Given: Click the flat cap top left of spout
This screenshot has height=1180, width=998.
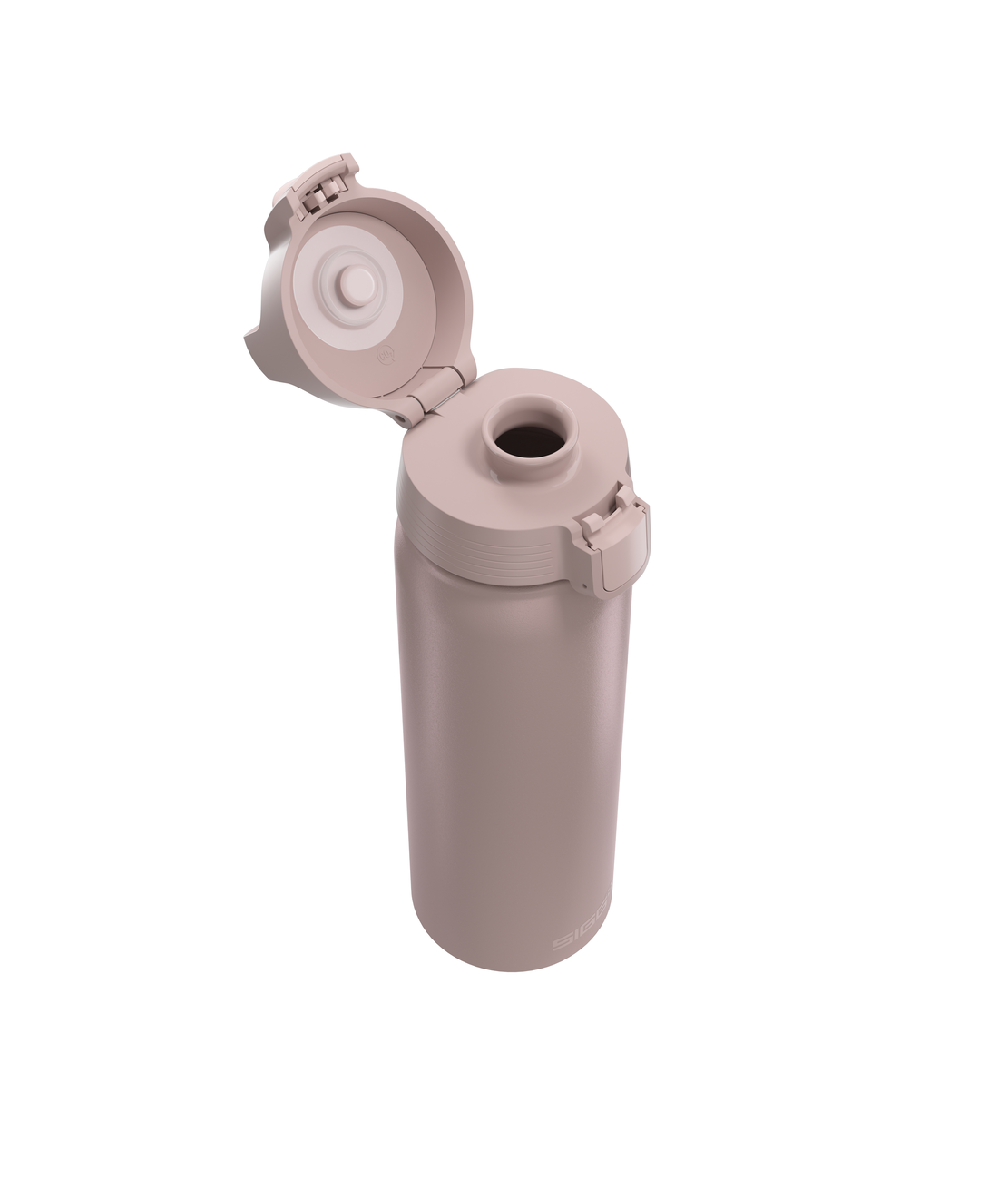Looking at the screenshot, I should (445, 454).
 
